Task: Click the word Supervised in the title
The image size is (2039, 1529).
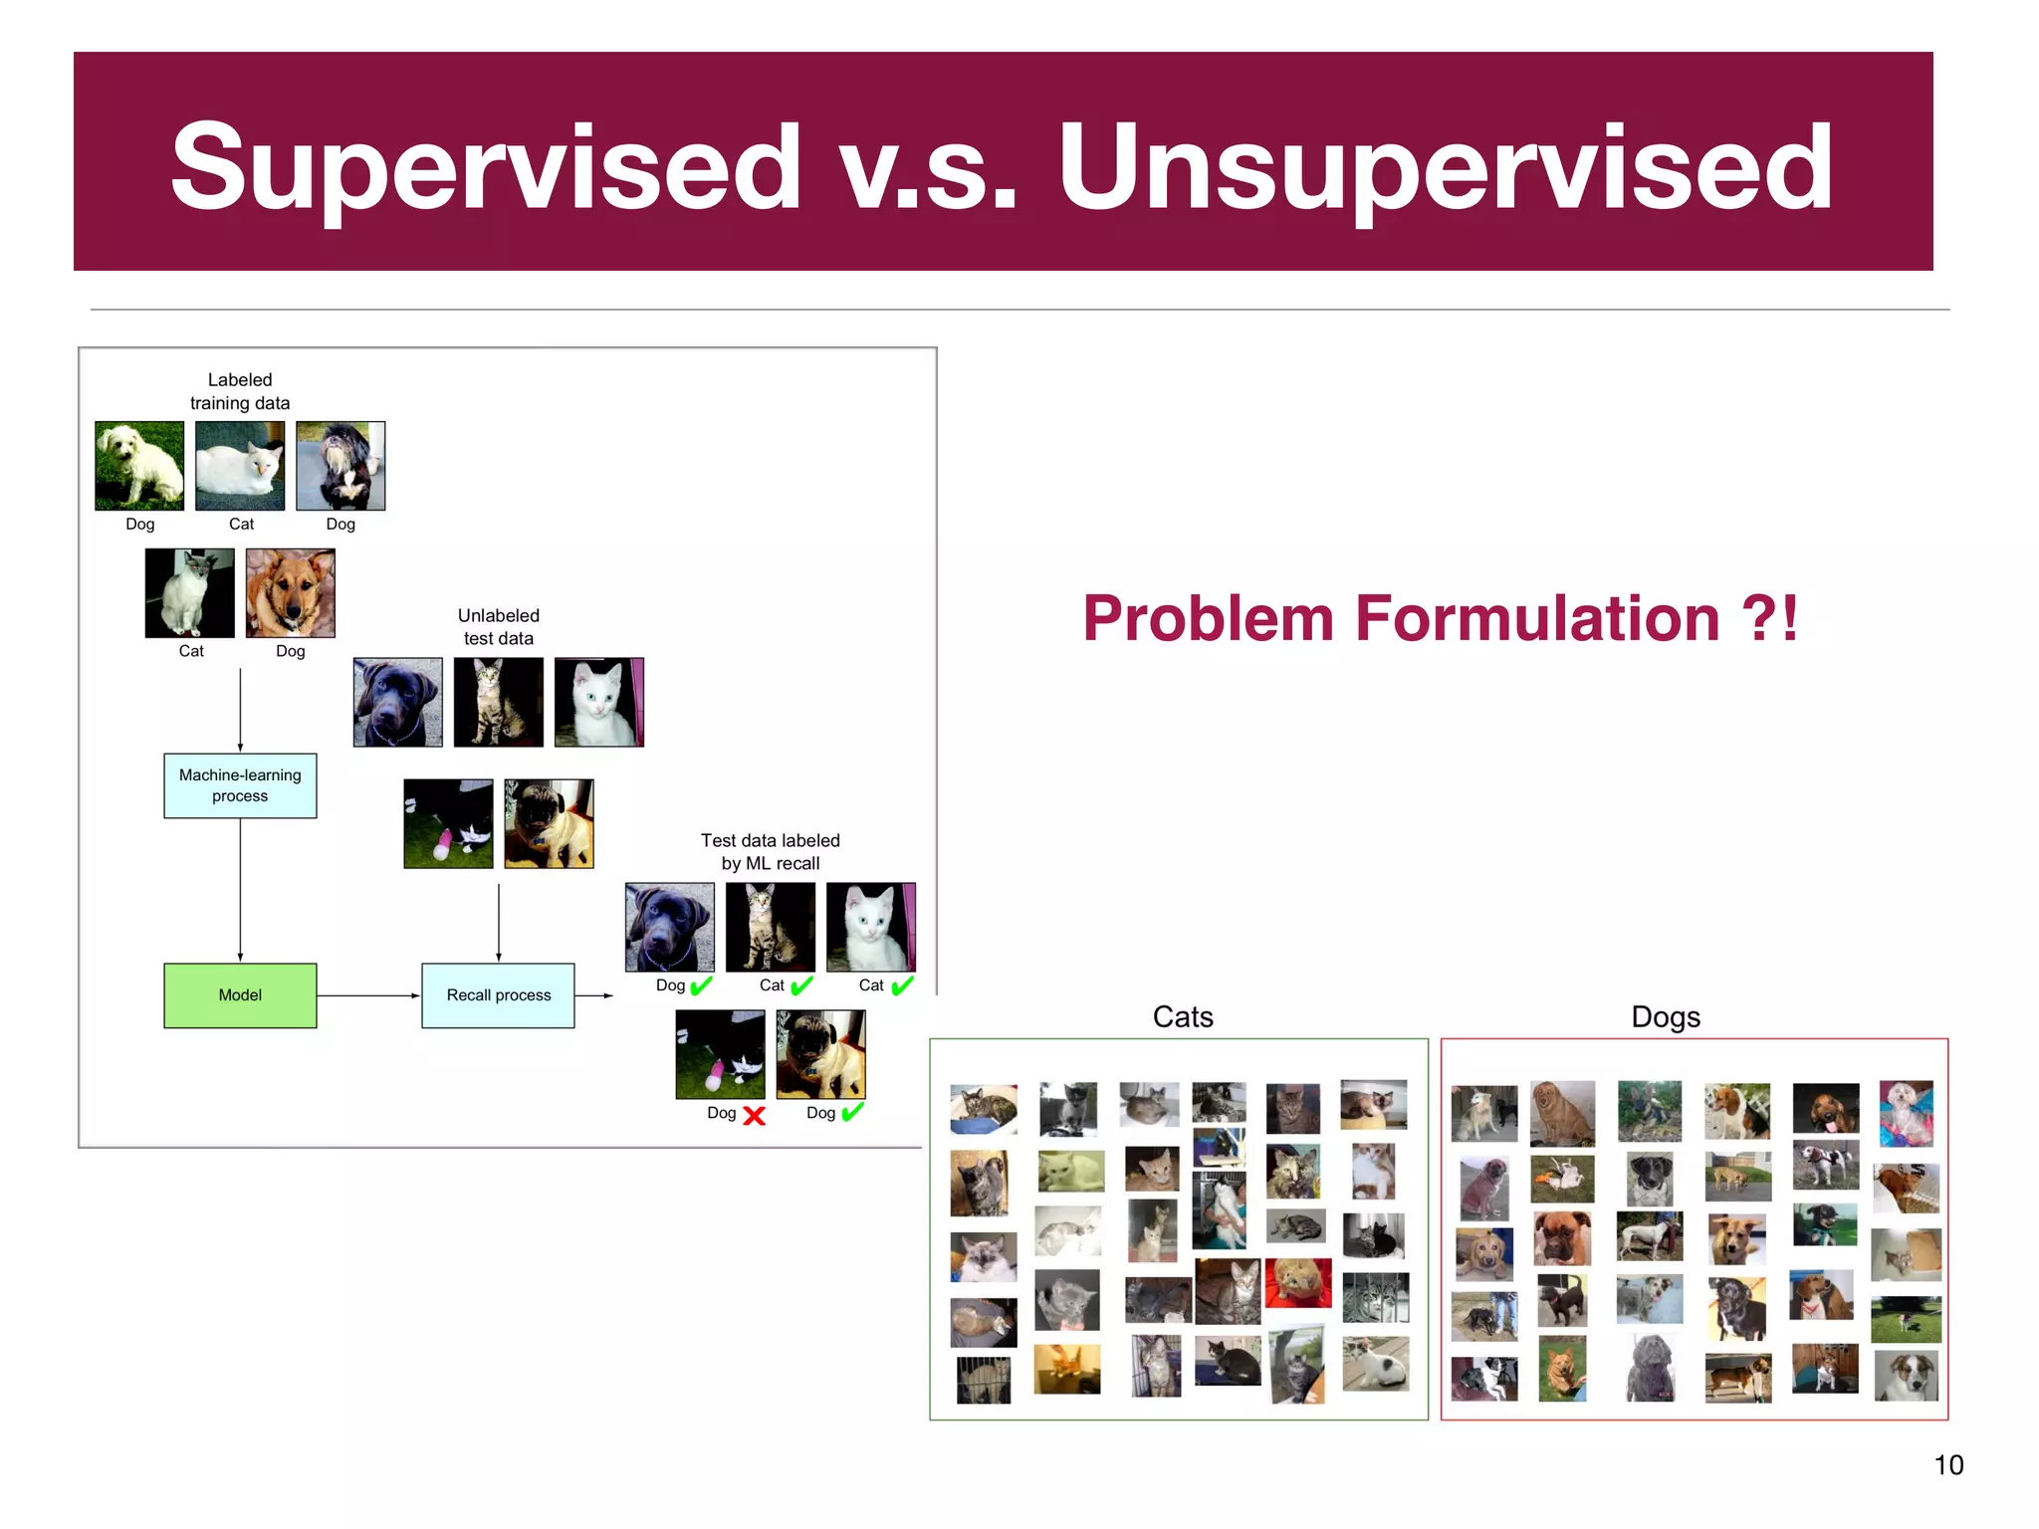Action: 485,167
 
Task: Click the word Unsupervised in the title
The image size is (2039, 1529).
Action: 1445,167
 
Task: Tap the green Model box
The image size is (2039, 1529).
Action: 240,994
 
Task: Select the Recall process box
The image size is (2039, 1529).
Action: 498,994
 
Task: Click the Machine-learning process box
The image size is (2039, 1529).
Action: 240,785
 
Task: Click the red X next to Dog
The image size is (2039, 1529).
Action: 755,1116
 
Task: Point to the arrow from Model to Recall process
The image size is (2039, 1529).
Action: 367,994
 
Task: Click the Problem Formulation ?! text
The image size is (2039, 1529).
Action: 1440,619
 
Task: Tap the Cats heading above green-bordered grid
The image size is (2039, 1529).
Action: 1183,1016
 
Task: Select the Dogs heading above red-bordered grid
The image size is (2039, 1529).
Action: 1665,1016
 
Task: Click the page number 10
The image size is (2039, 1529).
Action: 1947,1464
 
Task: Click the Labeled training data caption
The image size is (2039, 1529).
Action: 240,391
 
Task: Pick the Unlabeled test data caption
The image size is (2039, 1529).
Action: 498,626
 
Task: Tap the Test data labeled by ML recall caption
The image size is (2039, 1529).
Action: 770,851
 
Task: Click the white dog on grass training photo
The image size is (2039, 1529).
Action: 139,466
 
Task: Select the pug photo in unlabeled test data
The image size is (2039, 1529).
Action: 549,823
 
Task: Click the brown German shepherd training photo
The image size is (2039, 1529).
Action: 290,592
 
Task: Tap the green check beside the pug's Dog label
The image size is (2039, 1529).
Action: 852,1112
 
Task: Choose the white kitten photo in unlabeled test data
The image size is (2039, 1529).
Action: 598,702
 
